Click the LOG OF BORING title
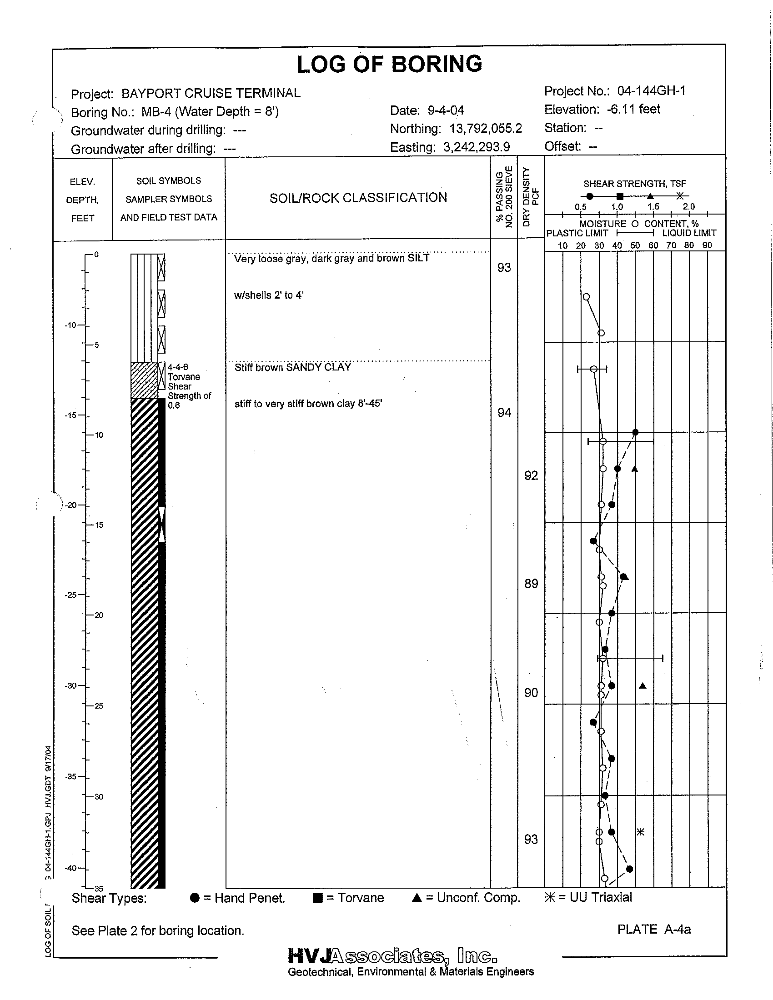389,64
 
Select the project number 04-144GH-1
651,91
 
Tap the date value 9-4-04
446,110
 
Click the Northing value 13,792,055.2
486,129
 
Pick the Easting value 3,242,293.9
476,147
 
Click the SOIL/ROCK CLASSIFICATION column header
358,198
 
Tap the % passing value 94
504,413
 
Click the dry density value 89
531,584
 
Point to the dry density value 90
531,693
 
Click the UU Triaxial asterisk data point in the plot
641,832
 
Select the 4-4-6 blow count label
178,367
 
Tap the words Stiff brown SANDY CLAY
293,367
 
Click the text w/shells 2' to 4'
269,295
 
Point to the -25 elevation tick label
71,595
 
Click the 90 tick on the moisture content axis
707,245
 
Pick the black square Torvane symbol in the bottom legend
317,898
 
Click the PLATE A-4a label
654,929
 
